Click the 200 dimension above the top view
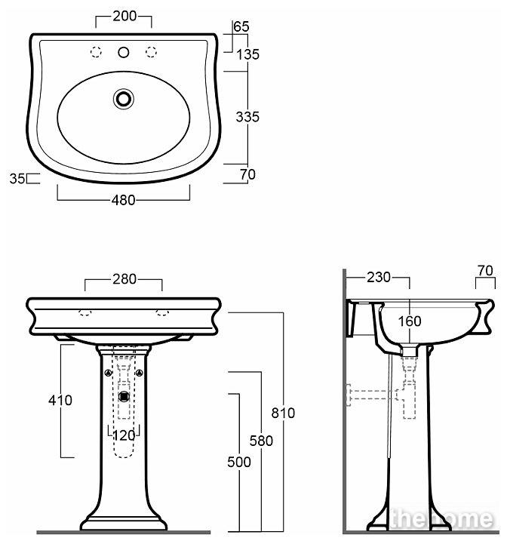[124, 16]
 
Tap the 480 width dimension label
[124, 200]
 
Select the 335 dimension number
[247, 117]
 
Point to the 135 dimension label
[247, 54]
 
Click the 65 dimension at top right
[241, 26]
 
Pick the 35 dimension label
[17, 179]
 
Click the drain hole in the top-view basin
[124, 99]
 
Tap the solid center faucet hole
[124, 52]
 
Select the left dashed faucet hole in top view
[96, 52]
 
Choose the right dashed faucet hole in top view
[152, 52]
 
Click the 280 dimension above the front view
[124, 279]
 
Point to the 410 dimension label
[60, 401]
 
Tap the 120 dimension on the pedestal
[124, 436]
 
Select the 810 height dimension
[283, 413]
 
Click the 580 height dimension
[261, 441]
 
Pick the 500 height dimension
[239, 462]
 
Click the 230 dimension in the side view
[379, 277]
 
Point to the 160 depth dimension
[410, 321]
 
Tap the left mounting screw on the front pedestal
[109, 373]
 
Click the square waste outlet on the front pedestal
[124, 396]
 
